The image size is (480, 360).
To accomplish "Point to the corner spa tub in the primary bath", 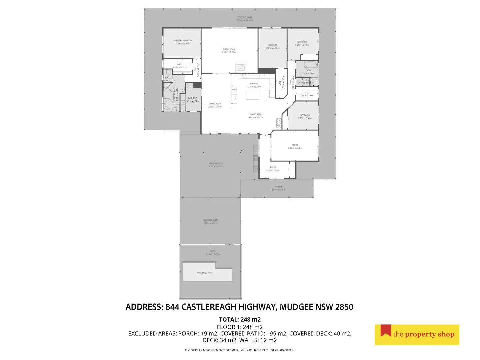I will point(170,106).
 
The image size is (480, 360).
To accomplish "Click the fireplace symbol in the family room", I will point(240,67).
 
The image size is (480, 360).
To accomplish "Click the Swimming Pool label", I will point(205,273).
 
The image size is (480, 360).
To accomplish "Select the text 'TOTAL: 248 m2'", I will point(240,319).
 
